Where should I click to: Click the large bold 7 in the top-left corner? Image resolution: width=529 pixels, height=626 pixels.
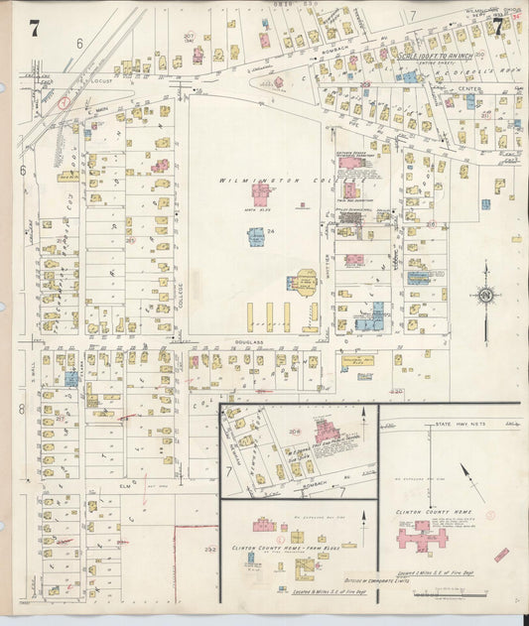34,29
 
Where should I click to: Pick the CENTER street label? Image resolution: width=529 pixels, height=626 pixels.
469,88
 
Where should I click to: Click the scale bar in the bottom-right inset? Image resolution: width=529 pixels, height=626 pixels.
451,593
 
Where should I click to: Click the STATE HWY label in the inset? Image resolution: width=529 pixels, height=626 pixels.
458,424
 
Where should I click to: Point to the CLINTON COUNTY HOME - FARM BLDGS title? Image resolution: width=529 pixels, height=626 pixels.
279,547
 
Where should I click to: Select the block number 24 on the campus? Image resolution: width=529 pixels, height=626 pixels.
269,233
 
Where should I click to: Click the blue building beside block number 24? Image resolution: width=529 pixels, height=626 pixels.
255,237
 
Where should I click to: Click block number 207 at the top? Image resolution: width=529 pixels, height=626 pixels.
188,37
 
